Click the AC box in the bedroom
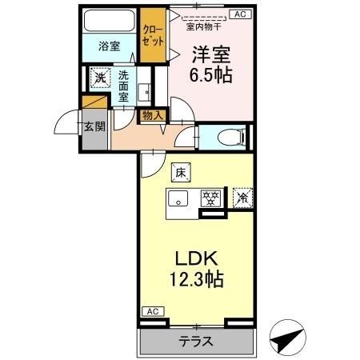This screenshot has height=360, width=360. (240, 14)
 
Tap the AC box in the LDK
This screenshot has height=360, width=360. (153, 311)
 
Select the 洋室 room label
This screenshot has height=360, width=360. (211, 54)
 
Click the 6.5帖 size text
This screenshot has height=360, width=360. (210, 74)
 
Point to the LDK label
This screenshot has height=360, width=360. (197, 258)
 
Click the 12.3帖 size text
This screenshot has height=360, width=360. (197, 278)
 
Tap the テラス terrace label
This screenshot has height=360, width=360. (196, 341)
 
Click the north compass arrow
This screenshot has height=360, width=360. (287, 338)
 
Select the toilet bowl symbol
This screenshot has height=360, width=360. (231, 138)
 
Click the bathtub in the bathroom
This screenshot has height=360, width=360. (109, 20)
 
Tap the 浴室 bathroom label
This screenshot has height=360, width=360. (110, 46)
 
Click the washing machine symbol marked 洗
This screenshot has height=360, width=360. (100, 78)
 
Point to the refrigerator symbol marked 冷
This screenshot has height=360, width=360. (242, 198)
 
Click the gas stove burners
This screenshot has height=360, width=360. (211, 198)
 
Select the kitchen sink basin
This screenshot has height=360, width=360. (178, 199)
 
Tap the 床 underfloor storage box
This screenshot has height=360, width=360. (181, 173)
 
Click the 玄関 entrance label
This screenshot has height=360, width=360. (94, 126)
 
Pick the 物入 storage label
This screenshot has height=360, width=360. (153, 115)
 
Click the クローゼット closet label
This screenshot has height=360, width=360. (153, 35)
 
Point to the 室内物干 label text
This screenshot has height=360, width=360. (203, 26)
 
